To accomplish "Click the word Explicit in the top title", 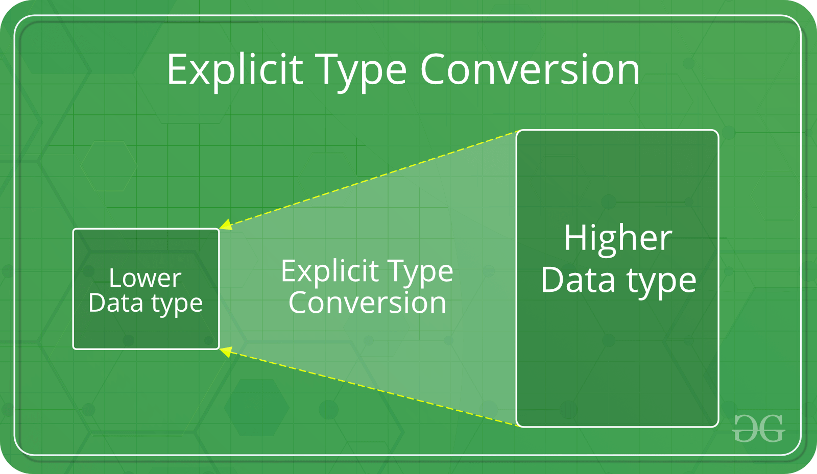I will pyautogui.click(x=235, y=70).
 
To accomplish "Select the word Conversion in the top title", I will pyautogui.click(x=530, y=70).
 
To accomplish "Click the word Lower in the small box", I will pyautogui.click(x=145, y=279).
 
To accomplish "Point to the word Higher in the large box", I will pyautogui.click(x=618, y=238).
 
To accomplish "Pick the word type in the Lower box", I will pyautogui.click(x=177, y=305).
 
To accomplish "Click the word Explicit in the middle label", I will pyautogui.click(x=330, y=271).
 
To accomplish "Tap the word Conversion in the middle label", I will pyautogui.click(x=367, y=303).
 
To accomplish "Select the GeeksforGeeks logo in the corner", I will pyautogui.click(x=758, y=428).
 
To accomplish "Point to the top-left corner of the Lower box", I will pyautogui.click(x=75, y=230).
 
